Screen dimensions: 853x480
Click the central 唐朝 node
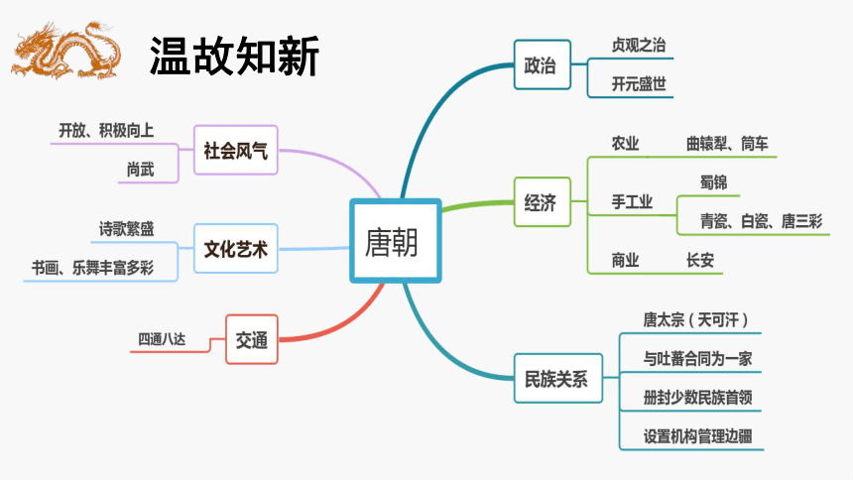[x=395, y=241]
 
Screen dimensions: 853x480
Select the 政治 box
[x=542, y=64]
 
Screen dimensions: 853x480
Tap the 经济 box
[x=542, y=202]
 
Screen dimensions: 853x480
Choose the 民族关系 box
[x=557, y=378]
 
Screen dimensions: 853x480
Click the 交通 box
[x=252, y=339]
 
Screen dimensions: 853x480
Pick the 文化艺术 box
[x=235, y=249]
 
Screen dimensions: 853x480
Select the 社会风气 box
[x=235, y=150]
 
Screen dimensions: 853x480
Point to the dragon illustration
[x=65, y=50]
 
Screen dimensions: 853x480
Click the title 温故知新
[x=234, y=57]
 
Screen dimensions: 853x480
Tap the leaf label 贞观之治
[x=639, y=46]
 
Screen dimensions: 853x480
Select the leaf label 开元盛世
[x=639, y=84]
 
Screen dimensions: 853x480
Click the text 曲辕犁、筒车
[x=727, y=144]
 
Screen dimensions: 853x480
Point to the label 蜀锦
[x=713, y=182]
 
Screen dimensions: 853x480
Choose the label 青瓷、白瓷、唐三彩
[x=761, y=221]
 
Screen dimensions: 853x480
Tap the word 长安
[x=699, y=260]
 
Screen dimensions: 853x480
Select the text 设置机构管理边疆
[x=697, y=436]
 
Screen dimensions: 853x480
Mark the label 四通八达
[x=162, y=339]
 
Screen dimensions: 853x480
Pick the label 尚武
[x=141, y=170]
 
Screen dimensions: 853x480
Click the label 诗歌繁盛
[x=126, y=228]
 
